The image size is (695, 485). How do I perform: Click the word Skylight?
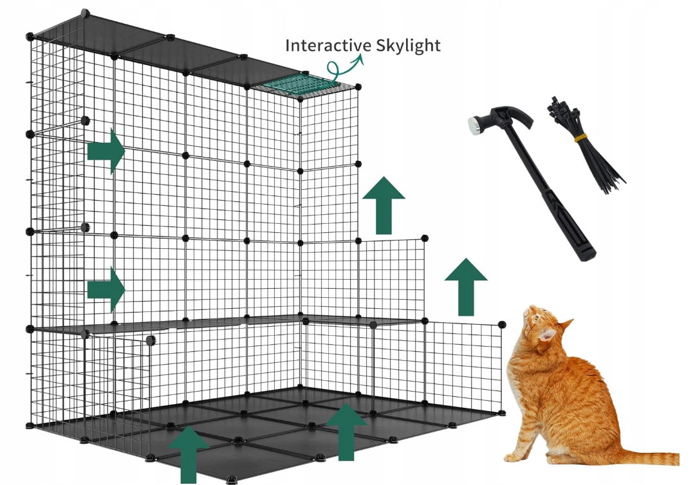(x=408, y=46)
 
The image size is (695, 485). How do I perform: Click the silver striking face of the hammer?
(x=474, y=124)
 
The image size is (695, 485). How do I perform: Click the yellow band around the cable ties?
(x=580, y=138)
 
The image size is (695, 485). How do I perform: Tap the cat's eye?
(x=537, y=317)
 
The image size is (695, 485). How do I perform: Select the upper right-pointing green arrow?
(x=106, y=151)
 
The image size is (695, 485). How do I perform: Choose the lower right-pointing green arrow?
(x=106, y=289)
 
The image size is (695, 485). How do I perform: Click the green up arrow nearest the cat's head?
(x=466, y=287)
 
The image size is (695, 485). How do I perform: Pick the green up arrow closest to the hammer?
(x=384, y=205)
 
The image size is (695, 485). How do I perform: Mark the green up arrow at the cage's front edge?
(x=189, y=455)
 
